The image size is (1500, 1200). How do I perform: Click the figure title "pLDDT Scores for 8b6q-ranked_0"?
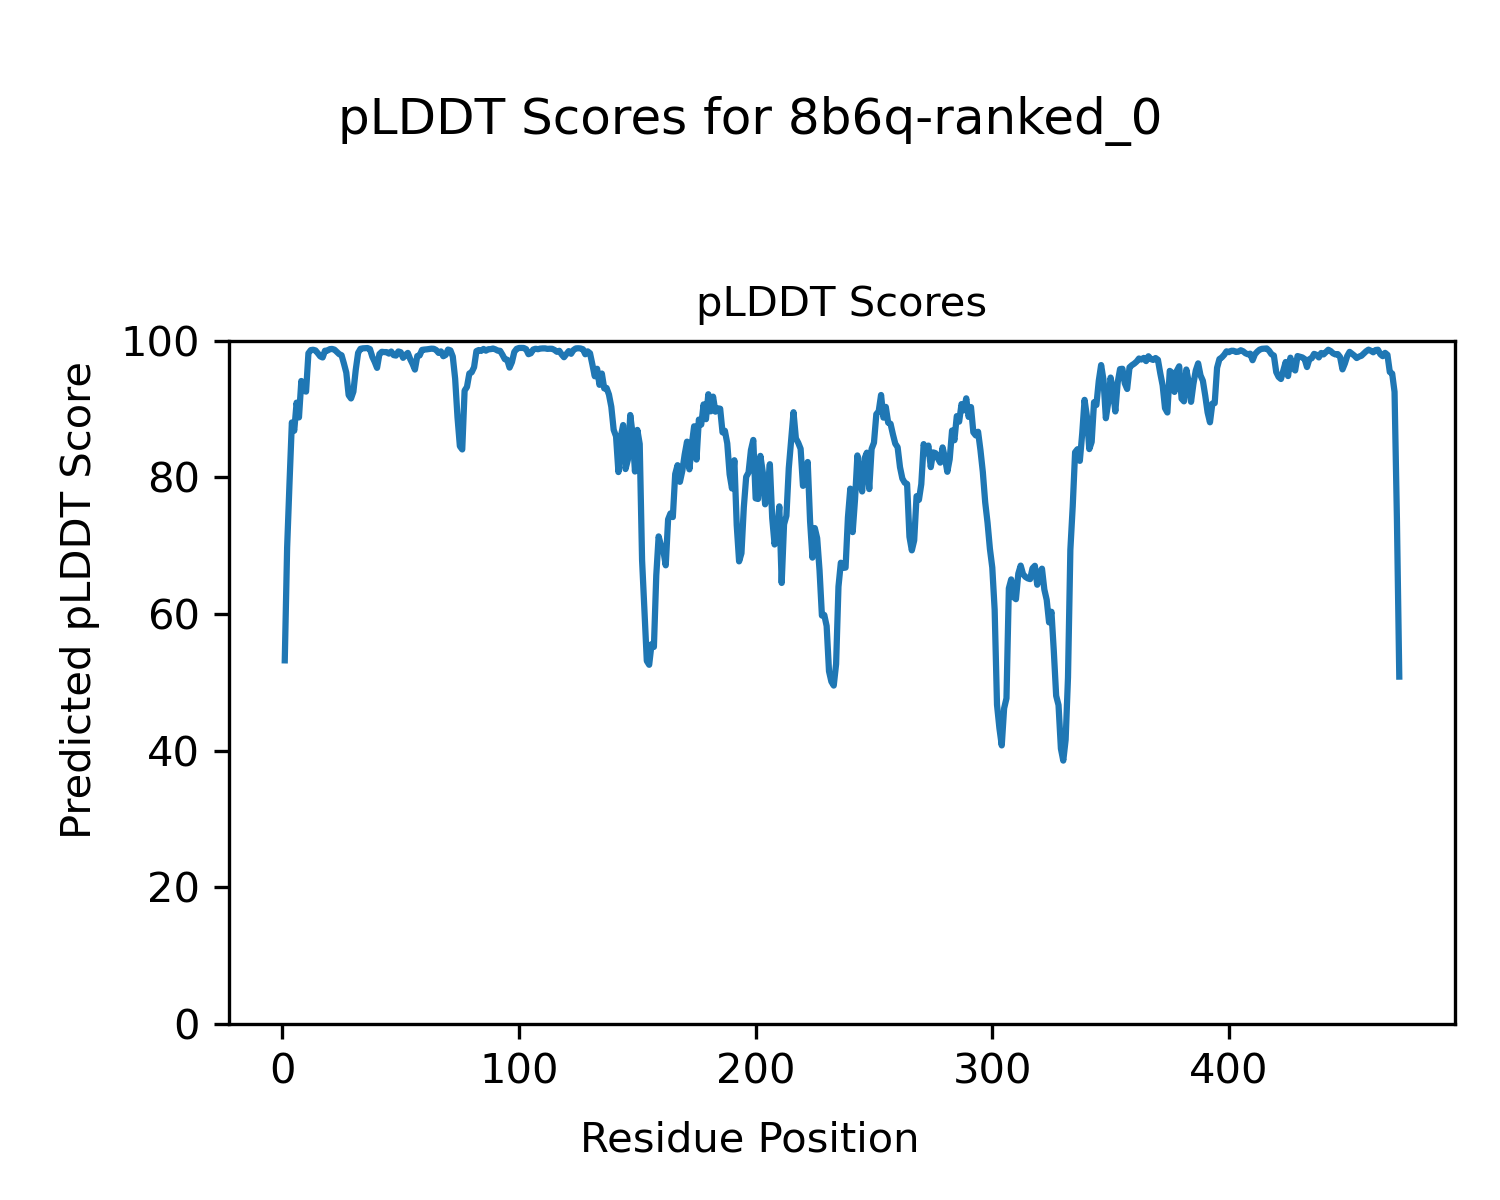pyautogui.click(x=750, y=119)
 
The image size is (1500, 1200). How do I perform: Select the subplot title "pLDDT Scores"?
pyautogui.click(x=841, y=303)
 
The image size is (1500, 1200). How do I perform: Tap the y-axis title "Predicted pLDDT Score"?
pyautogui.click(x=77, y=600)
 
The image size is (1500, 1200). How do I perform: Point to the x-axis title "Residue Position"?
pyautogui.click(x=749, y=1138)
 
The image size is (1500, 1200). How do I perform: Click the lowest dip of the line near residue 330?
pyautogui.click(x=1063, y=760)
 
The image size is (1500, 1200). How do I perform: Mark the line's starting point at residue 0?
pyautogui.click(x=285, y=661)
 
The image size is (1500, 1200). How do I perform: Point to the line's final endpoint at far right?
pyautogui.click(x=1399, y=678)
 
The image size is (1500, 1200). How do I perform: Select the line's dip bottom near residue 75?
pyautogui.click(x=462, y=449)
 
